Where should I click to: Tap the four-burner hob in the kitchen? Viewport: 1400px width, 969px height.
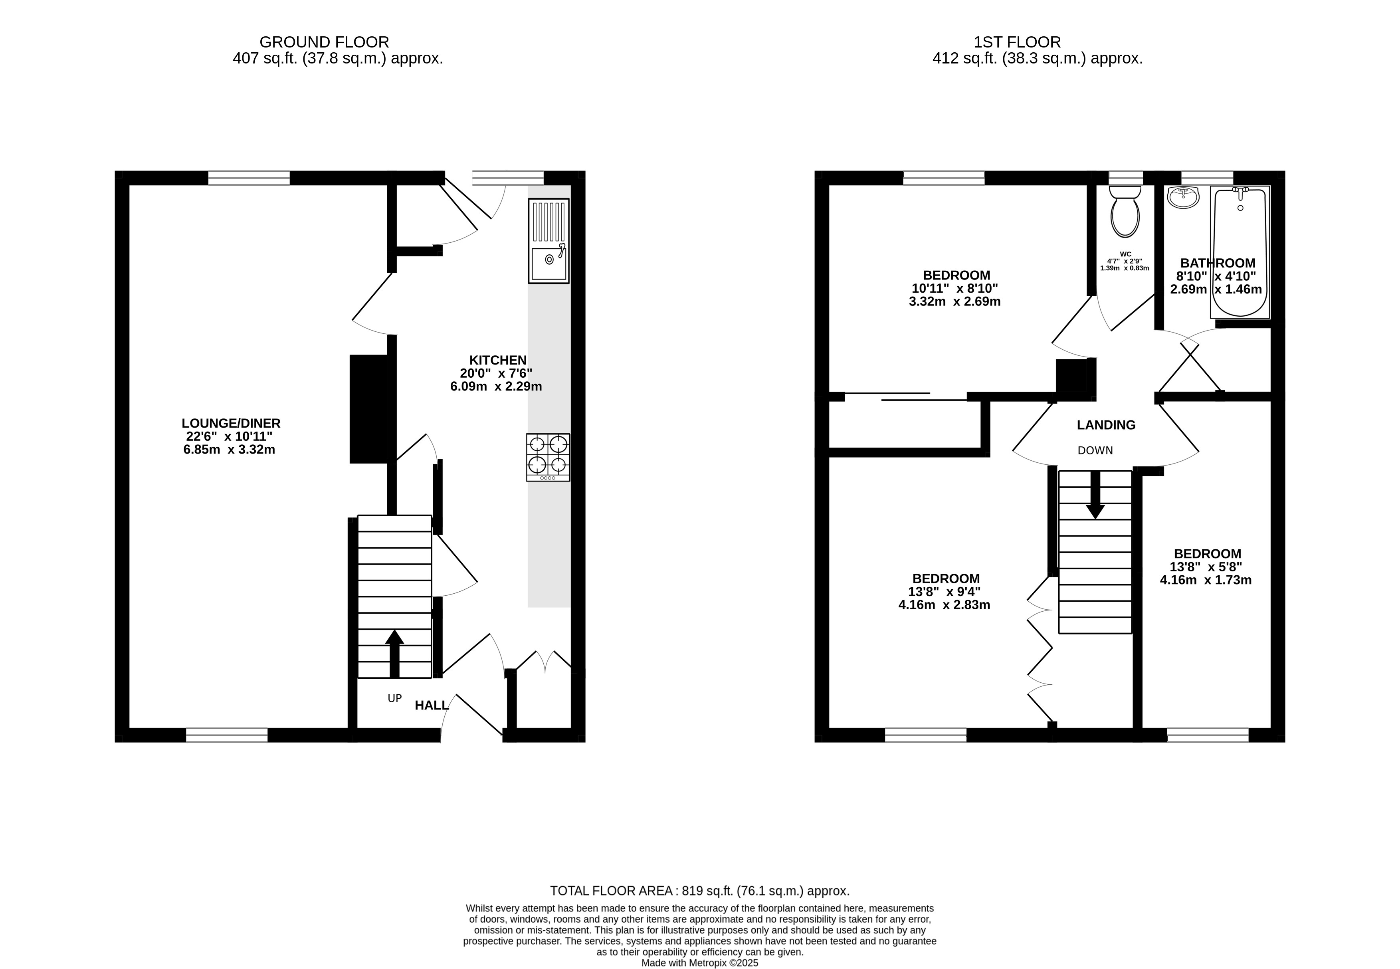click(548, 457)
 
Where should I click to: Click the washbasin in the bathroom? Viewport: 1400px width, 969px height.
click(1183, 197)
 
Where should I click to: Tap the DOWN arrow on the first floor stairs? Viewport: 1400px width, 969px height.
click(1095, 495)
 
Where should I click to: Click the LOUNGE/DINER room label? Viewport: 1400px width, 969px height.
click(231, 423)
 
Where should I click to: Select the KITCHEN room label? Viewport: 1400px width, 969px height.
click(498, 360)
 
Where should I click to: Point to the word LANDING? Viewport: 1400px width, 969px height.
click(1106, 425)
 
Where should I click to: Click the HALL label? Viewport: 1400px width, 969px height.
click(432, 705)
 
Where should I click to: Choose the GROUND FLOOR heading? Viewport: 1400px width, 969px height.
click(324, 42)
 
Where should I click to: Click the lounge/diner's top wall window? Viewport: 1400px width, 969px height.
click(249, 178)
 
